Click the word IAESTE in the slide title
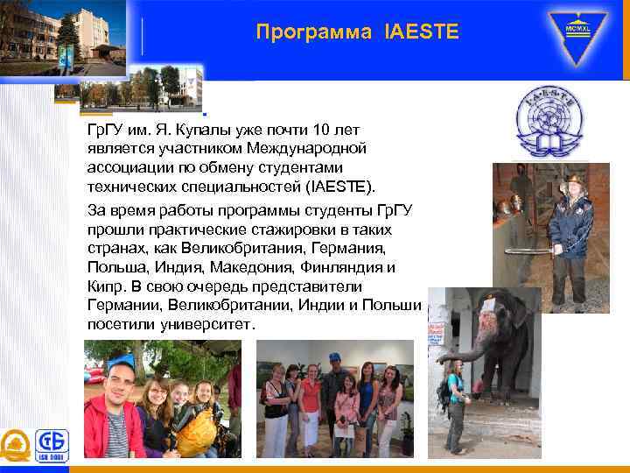[x=420, y=33]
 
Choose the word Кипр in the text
[x=103, y=286]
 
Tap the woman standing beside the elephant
[x=456, y=403]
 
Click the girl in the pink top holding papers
[x=347, y=412]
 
